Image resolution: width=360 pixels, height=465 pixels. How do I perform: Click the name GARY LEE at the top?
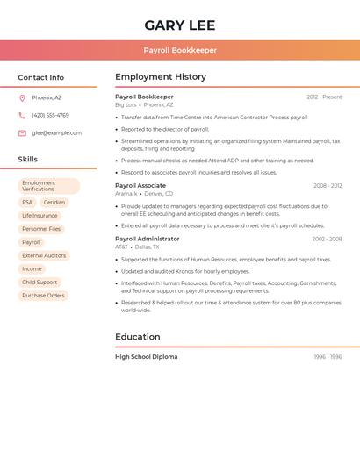(x=180, y=25)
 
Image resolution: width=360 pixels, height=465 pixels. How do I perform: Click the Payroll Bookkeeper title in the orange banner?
(x=180, y=50)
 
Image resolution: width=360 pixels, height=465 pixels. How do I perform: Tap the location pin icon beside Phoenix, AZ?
(x=22, y=97)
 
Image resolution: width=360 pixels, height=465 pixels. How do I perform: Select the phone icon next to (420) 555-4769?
(x=22, y=115)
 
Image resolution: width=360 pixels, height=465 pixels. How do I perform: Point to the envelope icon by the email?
(x=22, y=132)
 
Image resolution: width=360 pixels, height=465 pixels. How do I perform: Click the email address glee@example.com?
(x=56, y=132)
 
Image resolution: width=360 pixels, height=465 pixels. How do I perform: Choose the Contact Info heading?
(x=40, y=77)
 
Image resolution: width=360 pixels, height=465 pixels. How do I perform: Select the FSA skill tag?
(x=27, y=202)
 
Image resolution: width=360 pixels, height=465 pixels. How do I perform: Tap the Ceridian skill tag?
(x=54, y=202)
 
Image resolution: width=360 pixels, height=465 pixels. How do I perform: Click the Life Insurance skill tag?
(x=40, y=215)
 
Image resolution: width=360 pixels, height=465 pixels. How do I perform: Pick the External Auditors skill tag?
(x=44, y=255)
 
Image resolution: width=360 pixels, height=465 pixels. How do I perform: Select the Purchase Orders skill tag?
(x=43, y=296)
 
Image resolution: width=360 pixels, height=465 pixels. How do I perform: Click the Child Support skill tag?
(x=40, y=283)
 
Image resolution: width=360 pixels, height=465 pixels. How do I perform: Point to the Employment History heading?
(x=161, y=77)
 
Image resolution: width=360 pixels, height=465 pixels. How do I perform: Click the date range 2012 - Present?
(x=324, y=97)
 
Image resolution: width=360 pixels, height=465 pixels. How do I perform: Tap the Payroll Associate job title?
(x=140, y=186)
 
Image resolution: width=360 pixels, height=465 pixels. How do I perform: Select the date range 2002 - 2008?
(x=327, y=239)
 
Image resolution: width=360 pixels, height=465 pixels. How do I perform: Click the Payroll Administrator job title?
(x=147, y=239)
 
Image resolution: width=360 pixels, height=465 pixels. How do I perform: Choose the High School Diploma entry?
(x=146, y=357)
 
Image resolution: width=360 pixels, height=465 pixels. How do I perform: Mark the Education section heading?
(x=138, y=337)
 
